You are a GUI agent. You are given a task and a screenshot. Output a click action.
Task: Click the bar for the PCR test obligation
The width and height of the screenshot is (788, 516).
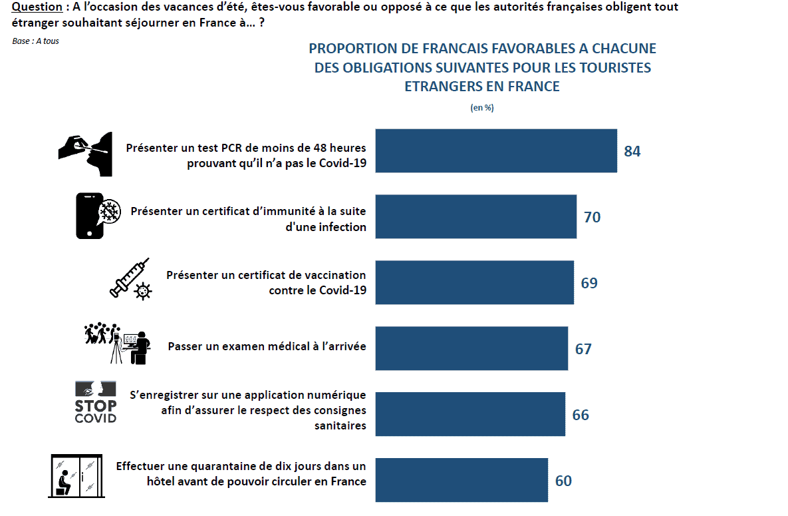coord(496,150)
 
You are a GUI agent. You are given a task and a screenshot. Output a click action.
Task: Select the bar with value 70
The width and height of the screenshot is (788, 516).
coord(476,216)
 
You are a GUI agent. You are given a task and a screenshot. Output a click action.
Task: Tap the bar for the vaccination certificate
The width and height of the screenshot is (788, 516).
coord(475,282)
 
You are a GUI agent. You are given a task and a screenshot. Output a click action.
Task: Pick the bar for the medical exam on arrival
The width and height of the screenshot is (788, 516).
coord(471,348)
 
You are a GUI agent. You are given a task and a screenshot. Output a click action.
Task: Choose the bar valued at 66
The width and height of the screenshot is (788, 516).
coord(470,414)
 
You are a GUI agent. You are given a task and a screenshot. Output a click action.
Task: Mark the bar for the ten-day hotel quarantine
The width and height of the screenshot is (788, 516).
coord(461,480)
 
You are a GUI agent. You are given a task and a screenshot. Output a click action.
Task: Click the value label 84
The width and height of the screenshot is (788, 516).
coord(632,151)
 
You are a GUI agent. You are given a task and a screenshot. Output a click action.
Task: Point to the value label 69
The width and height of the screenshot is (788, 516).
coord(589,283)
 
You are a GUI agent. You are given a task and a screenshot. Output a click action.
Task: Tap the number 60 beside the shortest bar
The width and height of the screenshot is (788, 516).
coord(563,481)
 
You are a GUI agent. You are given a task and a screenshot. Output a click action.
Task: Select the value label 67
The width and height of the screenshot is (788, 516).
coord(583,349)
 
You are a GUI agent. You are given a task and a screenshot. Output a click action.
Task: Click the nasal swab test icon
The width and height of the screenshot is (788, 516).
coord(84,153)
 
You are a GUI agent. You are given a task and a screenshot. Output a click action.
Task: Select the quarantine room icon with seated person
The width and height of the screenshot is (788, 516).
coord(75,476)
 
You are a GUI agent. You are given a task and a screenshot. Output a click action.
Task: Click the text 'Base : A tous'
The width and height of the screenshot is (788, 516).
coord(35,41)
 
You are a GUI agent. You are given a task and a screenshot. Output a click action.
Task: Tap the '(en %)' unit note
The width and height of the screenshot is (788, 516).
coord(482,107)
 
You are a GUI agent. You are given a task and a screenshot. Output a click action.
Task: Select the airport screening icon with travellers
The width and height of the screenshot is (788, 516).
coord(118,343)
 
